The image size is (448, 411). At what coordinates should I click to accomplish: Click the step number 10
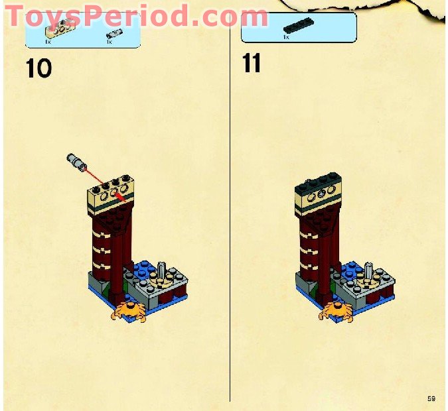[x=38, y=69]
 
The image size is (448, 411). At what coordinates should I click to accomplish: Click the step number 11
[x=252, y=64]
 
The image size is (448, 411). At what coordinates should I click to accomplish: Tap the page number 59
[x=431, y=398]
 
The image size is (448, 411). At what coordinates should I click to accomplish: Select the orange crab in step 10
[x=130, y=310]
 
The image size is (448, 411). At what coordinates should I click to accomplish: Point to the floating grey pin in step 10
[x=76, y=162]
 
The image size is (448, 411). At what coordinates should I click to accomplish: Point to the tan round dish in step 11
[x=364, y=284]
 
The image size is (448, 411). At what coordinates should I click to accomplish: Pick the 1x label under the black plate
[x=286, y=37]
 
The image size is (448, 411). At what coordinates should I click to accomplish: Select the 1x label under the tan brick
[x=47, y=42]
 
